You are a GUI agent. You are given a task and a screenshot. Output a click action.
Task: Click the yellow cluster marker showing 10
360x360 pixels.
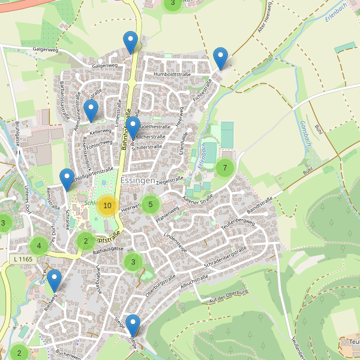coord(107,206)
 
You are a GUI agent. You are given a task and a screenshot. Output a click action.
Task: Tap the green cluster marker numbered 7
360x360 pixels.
coord(225,167)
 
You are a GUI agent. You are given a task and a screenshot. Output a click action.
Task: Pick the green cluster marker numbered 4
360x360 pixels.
coord(39,245)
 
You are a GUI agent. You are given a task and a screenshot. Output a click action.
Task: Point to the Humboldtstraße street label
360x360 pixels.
coord(172,74)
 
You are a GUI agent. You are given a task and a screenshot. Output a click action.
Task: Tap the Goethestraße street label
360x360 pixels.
coord(154,127)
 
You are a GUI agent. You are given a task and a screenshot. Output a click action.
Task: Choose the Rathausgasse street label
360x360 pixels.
coord(108,248)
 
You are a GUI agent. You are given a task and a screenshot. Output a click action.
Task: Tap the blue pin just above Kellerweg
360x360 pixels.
coord(91,111)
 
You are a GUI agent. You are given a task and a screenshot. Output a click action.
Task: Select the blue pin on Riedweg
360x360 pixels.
coord(55,281)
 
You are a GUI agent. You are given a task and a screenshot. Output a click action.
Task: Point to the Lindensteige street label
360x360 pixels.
coord(176,242)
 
